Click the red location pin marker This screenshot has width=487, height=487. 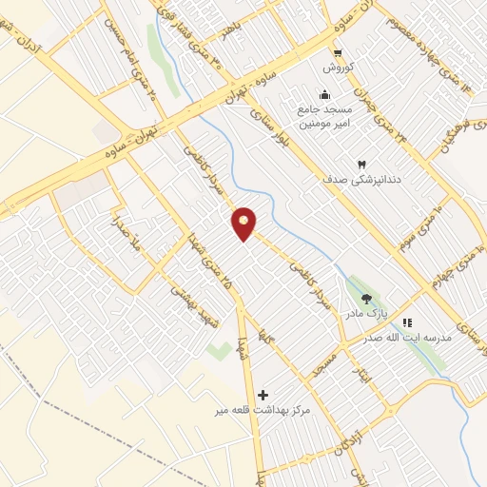pos(244,223)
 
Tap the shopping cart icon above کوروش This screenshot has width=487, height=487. pos(338,53)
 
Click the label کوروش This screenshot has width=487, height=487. pos(338,68)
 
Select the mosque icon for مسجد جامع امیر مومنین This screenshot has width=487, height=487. pos(325,94)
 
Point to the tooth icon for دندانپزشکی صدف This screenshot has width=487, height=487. pos(360,165)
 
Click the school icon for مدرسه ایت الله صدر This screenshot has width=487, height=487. pos(408,322)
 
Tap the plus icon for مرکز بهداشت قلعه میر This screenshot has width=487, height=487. pos(263,393)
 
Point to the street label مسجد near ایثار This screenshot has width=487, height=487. pos(329,364)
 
